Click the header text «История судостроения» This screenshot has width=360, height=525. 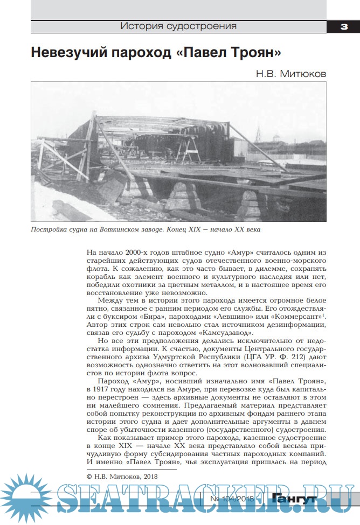pyautogui.click(x=178, y=26)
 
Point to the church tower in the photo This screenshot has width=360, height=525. pyautogui.click(x=258, y=132)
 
